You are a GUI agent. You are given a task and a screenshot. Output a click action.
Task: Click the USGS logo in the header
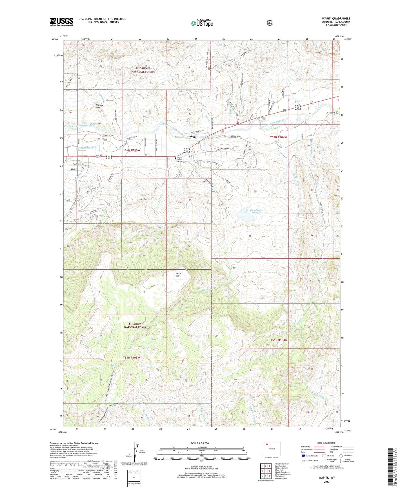pyautogui.click(x=61, y=22)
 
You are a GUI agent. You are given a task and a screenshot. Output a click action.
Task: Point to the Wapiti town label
pyautogui.click(x=194, y=137)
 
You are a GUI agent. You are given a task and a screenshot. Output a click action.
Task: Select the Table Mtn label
pyautogui.click(x=178, y=275)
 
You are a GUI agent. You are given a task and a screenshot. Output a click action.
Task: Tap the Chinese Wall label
pyautogui.click(x=99, y=107)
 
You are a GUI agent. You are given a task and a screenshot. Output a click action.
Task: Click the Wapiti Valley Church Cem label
pyautogui.click(x=181, y=160)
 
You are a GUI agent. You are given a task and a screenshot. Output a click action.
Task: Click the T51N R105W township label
pyautogui.click(x=131, y=358)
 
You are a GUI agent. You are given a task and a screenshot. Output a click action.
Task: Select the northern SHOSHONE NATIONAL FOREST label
pyautogui.click(x=143, y=70)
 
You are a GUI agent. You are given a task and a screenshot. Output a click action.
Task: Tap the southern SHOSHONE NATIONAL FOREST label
pyautogui.click(x=136, y=325)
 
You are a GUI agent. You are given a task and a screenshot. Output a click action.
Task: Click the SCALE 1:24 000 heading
pyautogui.click(x=200, y=443)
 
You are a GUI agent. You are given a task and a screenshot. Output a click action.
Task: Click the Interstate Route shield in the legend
pyautogui.click(x=303, y=456)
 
